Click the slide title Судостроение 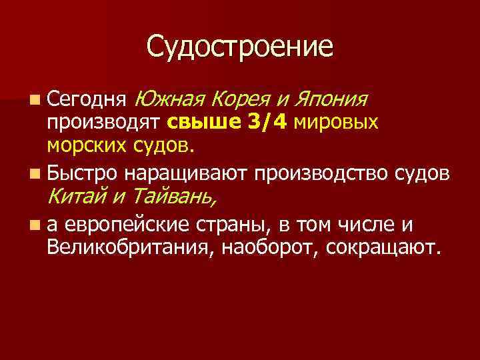click(239, 47)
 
